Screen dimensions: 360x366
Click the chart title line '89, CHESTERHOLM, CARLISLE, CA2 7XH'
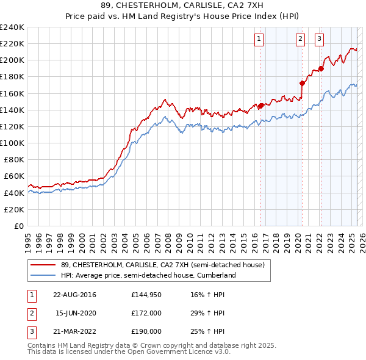click(182, 7)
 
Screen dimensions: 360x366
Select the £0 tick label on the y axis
click(18, 226)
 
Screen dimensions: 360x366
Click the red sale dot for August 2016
click(261, 106)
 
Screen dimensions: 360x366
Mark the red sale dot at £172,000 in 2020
click(302, 84)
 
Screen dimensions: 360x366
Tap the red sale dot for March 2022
click(321, 68)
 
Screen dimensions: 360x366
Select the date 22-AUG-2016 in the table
click(74, 295)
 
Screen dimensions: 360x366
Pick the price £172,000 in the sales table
click(146, 313)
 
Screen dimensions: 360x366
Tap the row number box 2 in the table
click(30, 313)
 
